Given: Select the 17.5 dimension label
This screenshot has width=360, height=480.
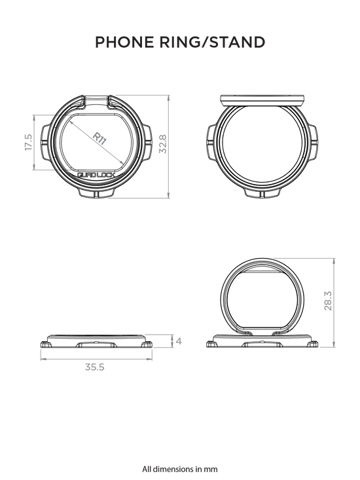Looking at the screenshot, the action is pyautogui.click(x=28, y=142).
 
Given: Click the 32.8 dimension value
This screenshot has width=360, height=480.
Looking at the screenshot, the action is pyautogui.click(x=164, y=144).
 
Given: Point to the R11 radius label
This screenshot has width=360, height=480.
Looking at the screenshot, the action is pyautogui.click(x=99, y=138).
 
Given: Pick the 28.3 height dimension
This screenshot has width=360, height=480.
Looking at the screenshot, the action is pyautogui.click(x=327, y=301).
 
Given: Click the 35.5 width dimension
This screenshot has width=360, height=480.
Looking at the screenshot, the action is pyautogui.click(x=95, y=367).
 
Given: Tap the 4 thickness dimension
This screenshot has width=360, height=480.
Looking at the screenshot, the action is pyautogui.click(x=179, y=341).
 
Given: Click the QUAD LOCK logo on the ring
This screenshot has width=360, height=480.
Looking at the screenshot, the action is pyautogui.click(x=96, y=175).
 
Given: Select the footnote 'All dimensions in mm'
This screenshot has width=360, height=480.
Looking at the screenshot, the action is pyautogui.click(x=180, y=469).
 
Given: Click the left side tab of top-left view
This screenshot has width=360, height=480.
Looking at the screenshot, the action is pyautogui.click(x=45, y=142).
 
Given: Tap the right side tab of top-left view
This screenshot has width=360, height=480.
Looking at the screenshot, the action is pyautogui.click(x=147, y=142).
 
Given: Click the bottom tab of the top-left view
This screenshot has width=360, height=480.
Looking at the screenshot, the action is pyautogui.click(x=96, y=193).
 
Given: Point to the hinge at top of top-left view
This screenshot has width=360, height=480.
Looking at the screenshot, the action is pyautogui.click(x=96, y=102).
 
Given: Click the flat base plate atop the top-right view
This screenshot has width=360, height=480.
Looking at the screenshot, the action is pyautogui.click(x=262, y=101).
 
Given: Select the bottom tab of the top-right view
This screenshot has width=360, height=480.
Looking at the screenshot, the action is pyautogui.click(x=262, y=193).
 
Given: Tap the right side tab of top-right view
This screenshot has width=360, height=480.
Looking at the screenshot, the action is pyautogui.click(x=314, y=142).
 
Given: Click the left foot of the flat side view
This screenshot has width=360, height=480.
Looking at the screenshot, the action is pyautogui.click(x=46, y=344).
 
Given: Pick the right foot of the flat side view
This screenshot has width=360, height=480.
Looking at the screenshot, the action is pyautogui.click(x=147, y=344).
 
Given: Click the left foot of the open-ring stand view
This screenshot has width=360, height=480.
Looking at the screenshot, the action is pyautogui.click(x=211, y=344).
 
